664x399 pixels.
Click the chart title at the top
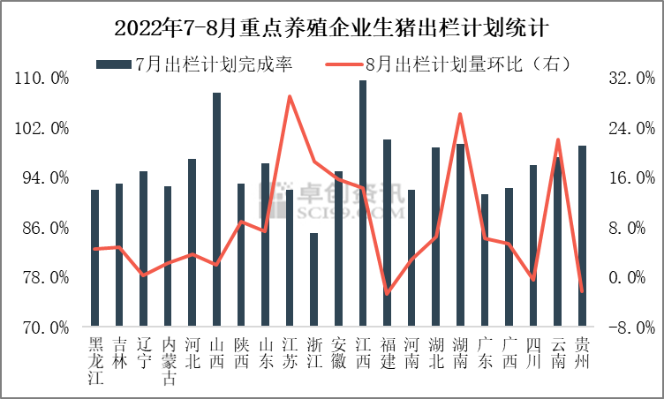click(x=332, y=27)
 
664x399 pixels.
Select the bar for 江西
click(x=362, y=203)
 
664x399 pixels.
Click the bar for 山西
click(x=216, y=209)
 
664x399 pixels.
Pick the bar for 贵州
click(x=582, y=236)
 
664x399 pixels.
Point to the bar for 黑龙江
click(x=94, y=258)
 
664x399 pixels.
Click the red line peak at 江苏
click(x=290, y=96)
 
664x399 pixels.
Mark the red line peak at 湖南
click(x=460, y=114)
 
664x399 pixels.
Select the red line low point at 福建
click(x=387, y=293)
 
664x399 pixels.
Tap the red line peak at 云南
click(x=557, y=139)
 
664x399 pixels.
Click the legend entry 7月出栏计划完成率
click(x=194, y=64)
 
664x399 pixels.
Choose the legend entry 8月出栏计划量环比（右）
click(x=450, y=64)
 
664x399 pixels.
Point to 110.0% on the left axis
click(x=43, y=79)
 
